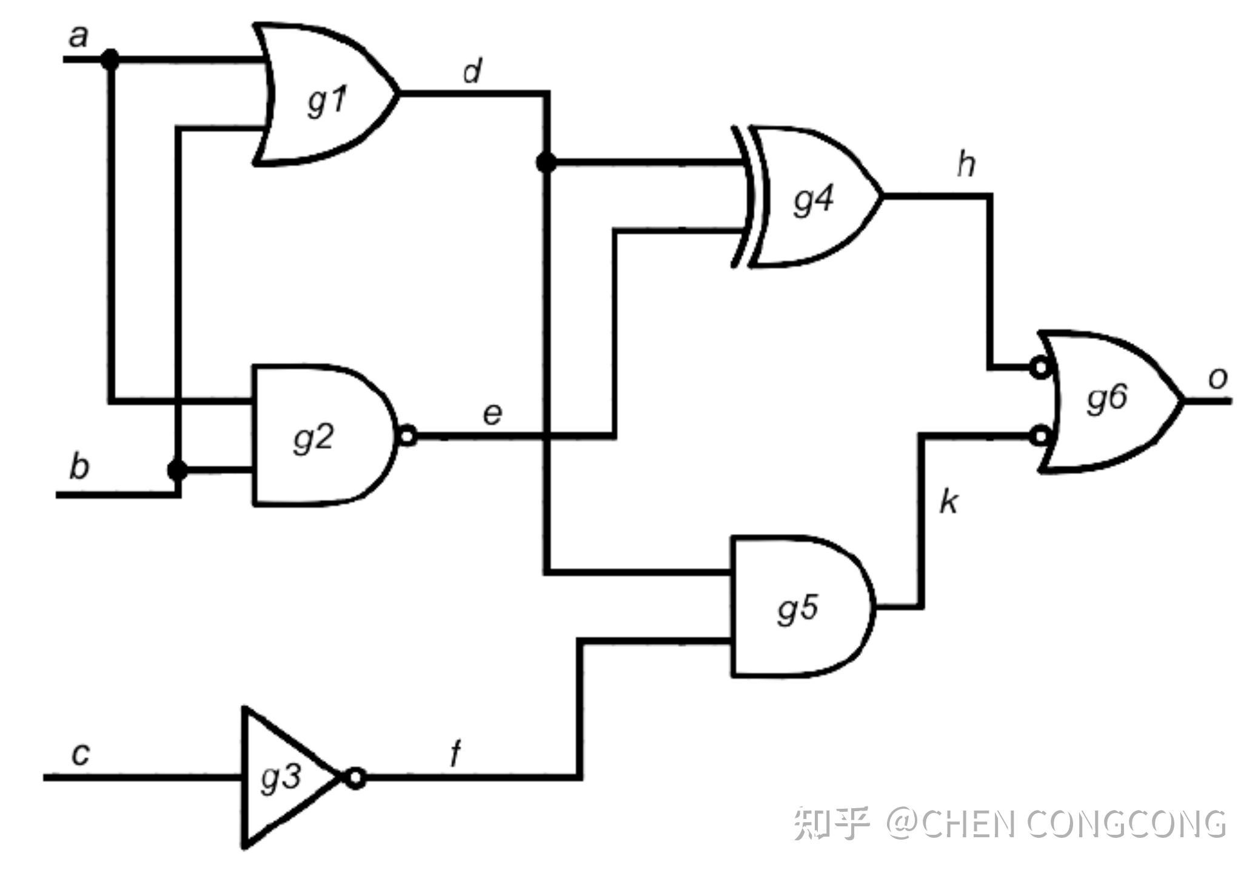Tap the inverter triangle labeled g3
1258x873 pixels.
tap(282, 777)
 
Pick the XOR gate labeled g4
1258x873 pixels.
tap(812, 197)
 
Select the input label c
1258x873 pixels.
tap(81, 754)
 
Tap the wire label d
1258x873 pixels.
tap(472, 72)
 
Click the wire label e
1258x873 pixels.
tap(492, 414)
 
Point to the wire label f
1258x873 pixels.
tap(455, 754)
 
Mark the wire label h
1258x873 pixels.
tap(966, 164)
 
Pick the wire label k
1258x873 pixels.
tap(949, 502)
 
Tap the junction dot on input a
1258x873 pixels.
tap(110, 59)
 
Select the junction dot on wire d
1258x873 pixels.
tap(546, 162)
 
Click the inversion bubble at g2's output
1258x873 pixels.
tap(408, 435)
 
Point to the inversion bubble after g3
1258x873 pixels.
tap(356, 777)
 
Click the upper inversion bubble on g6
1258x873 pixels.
tap(1040, 367)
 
